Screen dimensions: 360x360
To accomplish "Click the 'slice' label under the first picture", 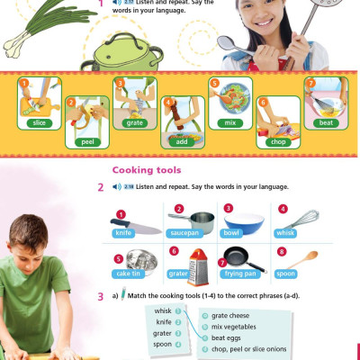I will click(x=38, y=122).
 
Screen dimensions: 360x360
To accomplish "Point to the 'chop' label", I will click(x=277, y=141).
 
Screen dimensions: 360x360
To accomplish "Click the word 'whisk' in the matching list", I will click(x=163, y=310).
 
